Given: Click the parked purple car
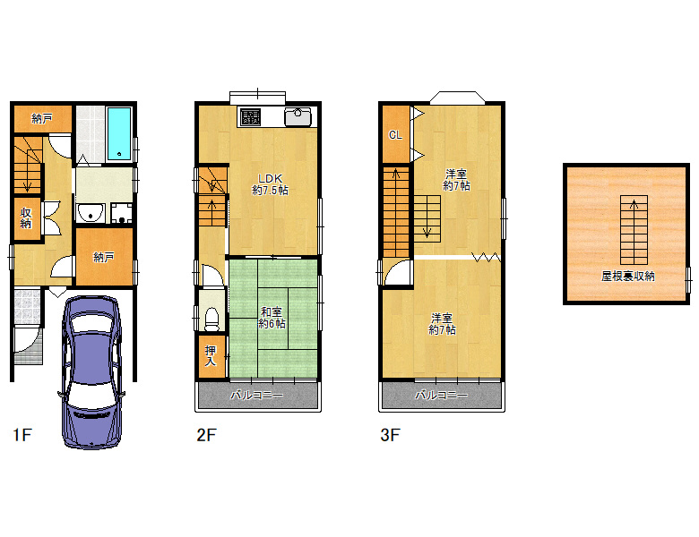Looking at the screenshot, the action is (x=91, y=371).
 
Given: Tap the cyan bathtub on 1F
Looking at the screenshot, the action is (x=119, y=133).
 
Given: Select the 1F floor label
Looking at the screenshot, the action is (x=22, y=435).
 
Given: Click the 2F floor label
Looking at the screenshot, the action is (x=206, y=435).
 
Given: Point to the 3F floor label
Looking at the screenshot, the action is (x=390, y=435).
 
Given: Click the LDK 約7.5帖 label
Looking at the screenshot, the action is (x=270, y=184).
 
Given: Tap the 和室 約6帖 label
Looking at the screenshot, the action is (x=272, y=318).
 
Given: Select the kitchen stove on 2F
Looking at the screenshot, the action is (x=251, y=116).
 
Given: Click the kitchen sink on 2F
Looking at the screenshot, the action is (x=298, y=116).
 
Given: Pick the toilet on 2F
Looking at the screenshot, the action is (x=211, y=320).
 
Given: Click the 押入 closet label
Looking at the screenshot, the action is (x=211, y=356).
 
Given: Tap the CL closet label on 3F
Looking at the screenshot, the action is (x=395, y=134).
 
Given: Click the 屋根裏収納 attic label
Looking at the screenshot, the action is (x=627, y=276).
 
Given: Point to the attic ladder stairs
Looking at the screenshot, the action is (x=634, y=230).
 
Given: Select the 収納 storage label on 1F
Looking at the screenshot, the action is (x=26, y=217).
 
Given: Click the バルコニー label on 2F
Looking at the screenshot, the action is (x=256, y=395).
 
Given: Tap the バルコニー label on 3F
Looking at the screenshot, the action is (x=441, y=395).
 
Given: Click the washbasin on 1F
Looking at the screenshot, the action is (x=91, y=213).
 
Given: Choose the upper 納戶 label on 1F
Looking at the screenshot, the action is (x=42, y=118).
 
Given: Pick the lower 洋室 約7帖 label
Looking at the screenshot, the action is (x=442, y=324).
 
